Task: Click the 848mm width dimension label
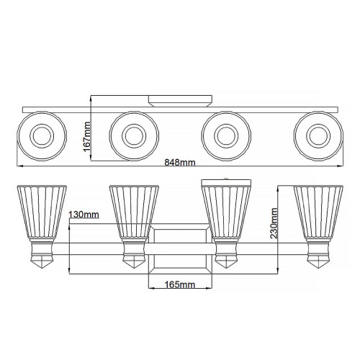pyautogui.click(x=180, y=163)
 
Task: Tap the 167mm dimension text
pyautogui.click(x=86, y=137)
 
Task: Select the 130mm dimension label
pyautogui.click(x=84, y=215)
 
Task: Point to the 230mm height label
pyautogui.click(x=274, y=223)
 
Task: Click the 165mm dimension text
pyautogui.click(x=180, y=284)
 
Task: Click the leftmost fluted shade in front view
pyautogui.click(x=42, y=213)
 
